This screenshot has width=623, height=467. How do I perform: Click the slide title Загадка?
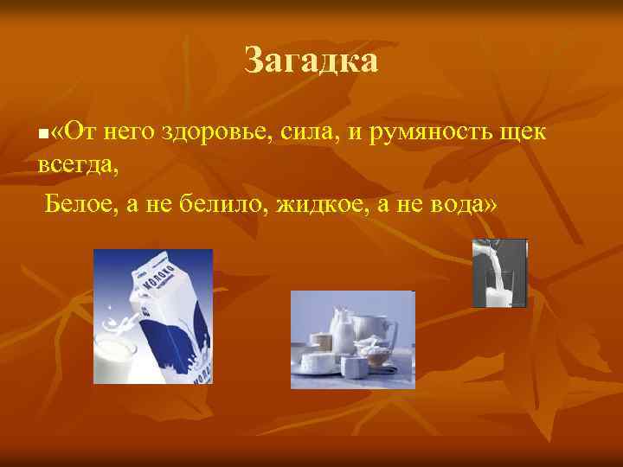pos(311,61)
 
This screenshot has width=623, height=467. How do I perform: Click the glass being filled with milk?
pos(499,288)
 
